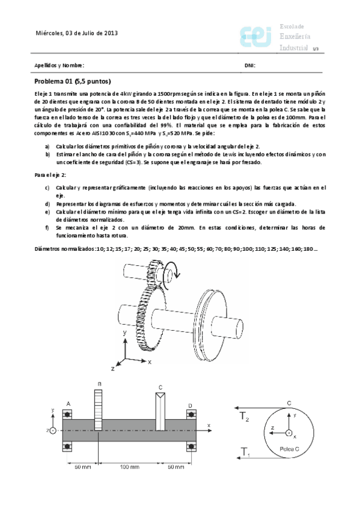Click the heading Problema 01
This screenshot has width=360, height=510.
[x=72, y=81]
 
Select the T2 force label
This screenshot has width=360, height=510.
[x=245, y=417]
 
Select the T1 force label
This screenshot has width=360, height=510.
[x=245, y=452]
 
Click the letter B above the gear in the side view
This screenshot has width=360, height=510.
[x=99, y=384]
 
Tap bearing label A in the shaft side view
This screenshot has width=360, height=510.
[x=68, y=404]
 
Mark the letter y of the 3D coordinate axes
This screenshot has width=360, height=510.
[x=124, y=332]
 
